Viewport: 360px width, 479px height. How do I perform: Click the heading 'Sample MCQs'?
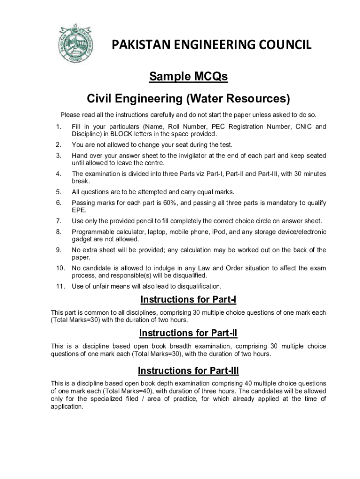tap(188, 77)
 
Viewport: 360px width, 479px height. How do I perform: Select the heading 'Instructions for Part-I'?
tap(188, 299)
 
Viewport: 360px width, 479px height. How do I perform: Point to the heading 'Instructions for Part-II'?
tap(188, 333)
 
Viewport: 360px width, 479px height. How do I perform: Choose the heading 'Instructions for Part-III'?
tap(188, 371)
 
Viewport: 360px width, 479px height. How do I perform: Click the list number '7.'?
tap(58, 221)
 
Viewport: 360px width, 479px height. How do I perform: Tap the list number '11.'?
tap(60, 286)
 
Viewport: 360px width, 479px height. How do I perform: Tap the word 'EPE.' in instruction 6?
tap(79, 210)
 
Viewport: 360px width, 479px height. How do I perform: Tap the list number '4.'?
tap(58, 174)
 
